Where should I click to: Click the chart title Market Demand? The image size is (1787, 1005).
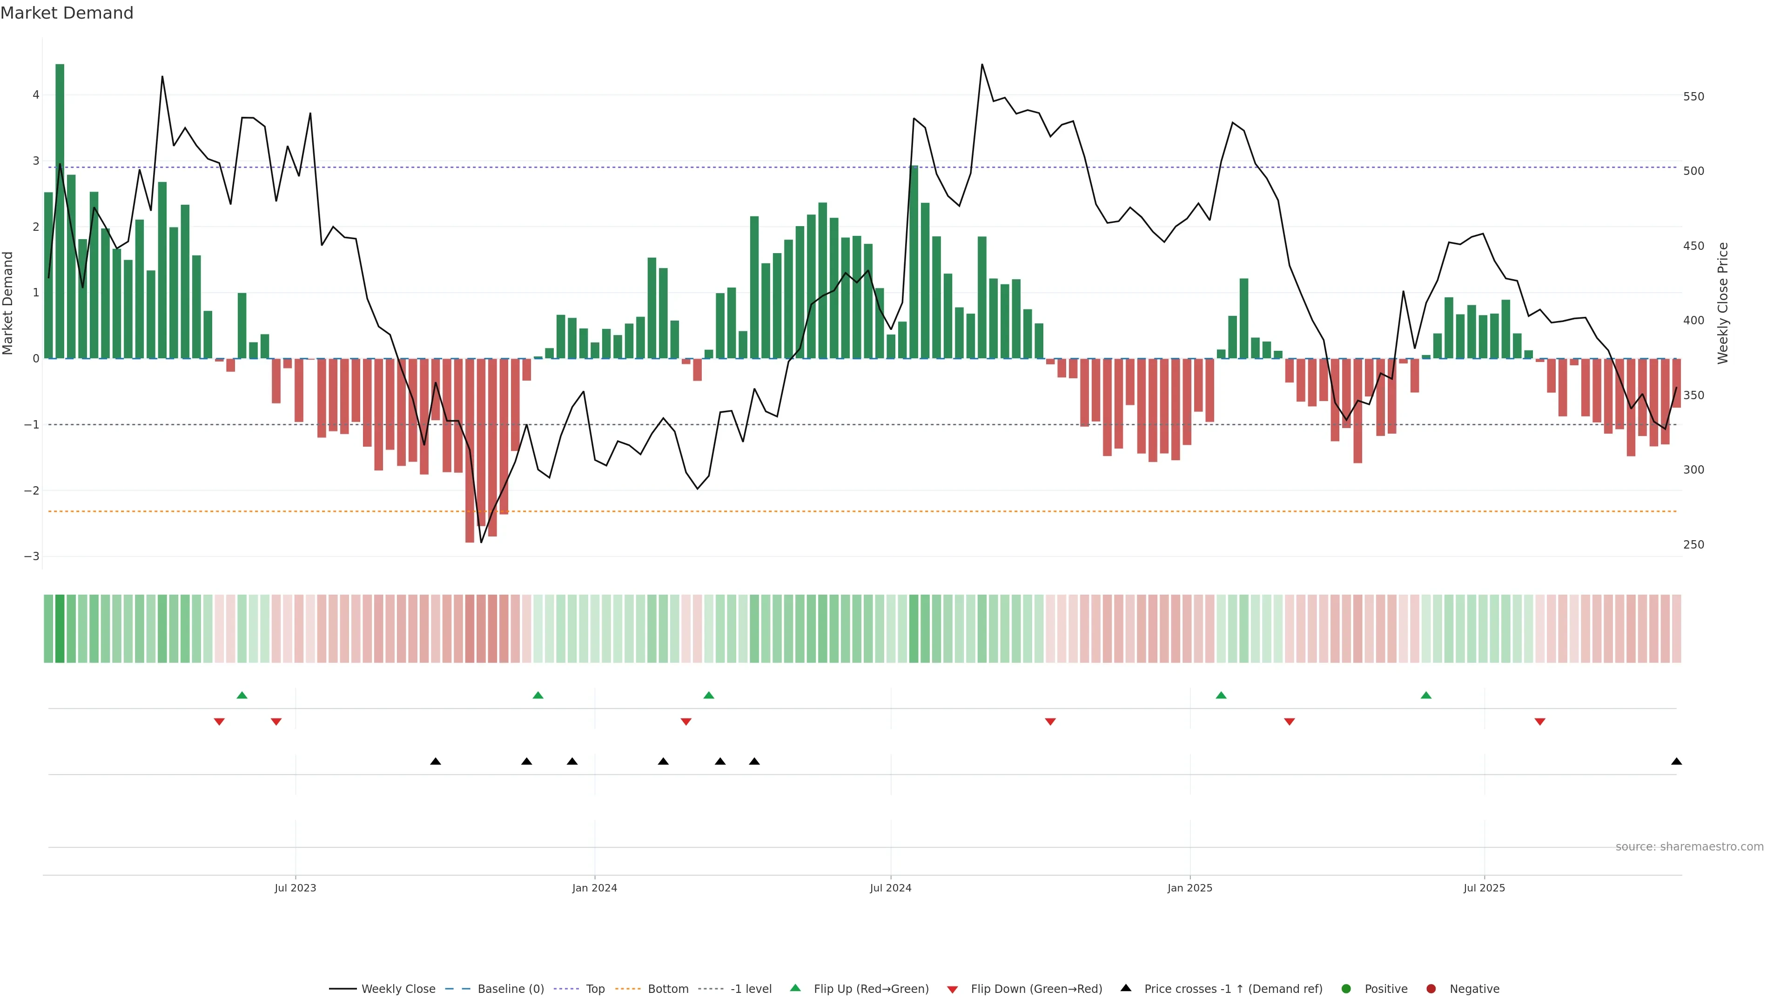coord(67,13)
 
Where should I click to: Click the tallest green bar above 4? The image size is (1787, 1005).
coord(60,208)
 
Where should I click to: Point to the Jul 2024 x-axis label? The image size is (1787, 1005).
coord(890,888)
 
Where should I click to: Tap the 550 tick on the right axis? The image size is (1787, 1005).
coord(1693,96)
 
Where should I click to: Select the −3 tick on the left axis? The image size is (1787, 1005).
coord(31,556)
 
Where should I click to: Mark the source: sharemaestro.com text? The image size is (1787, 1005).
coord(1689,846)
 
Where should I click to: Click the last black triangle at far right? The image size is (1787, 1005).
coord(1676,762)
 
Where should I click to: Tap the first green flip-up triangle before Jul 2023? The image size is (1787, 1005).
coord(242,695)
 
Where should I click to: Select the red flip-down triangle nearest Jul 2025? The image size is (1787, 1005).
coord(1539,722)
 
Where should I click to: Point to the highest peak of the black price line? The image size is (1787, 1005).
coord(981,65)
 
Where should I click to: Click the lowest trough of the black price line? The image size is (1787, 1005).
coord(481,542)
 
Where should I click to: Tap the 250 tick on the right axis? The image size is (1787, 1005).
coord(1693,544)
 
